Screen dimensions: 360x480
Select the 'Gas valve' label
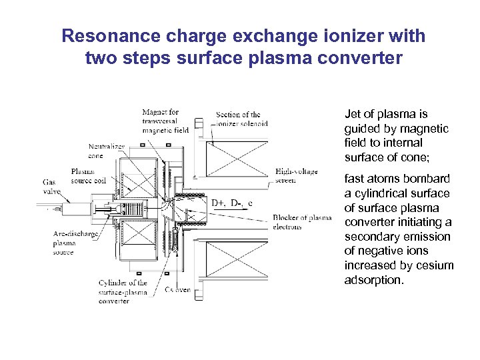pos(51,186)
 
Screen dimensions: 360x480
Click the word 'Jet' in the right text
pos(353,114)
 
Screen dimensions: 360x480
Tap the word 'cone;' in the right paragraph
pos(408,157)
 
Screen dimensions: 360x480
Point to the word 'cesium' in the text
pos(435,265)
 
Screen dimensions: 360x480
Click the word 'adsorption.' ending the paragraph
pos(374,280)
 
